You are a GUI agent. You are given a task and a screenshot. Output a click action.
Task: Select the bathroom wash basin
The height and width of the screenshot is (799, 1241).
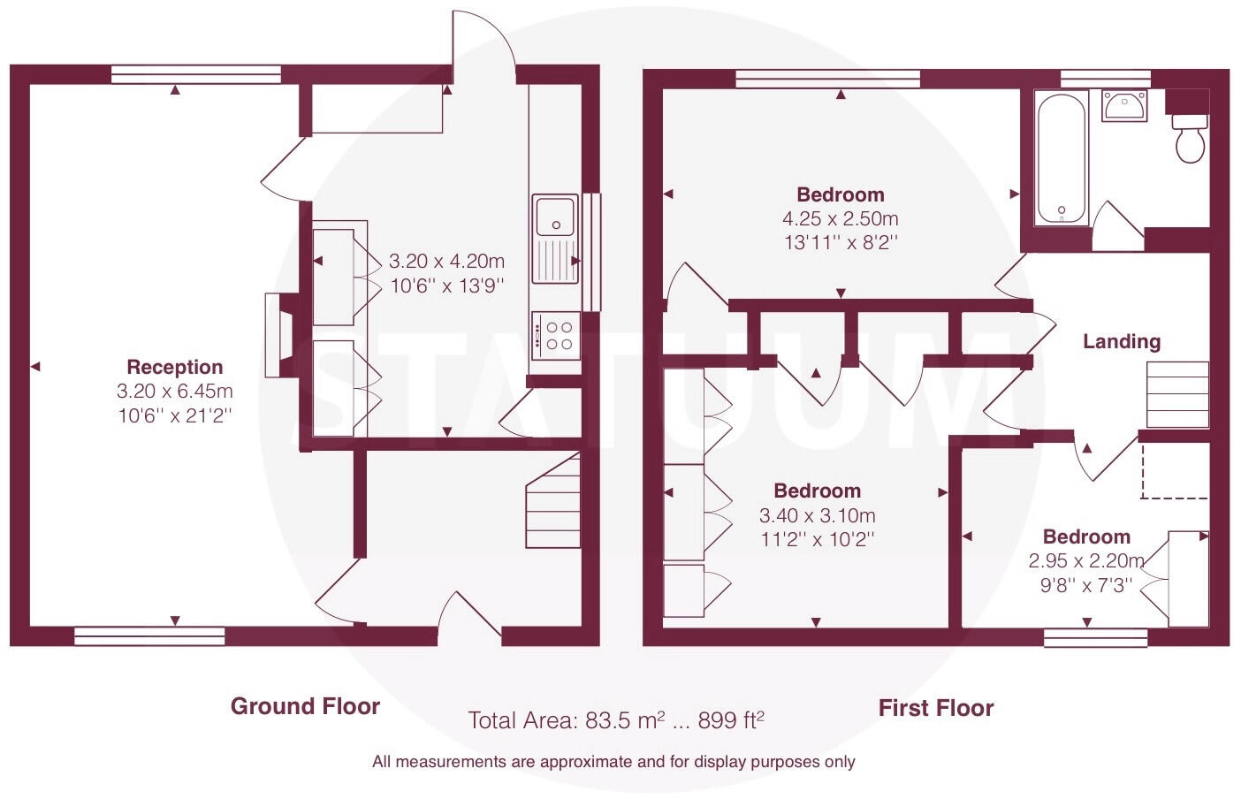[1124, 105]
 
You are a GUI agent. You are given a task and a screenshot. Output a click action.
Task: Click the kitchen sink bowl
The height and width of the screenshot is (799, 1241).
[554, 215]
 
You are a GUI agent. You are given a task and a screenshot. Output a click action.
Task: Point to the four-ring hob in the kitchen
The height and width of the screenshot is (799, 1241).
[555, 336]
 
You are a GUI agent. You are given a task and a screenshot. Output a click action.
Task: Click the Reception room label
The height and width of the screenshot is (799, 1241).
[174, 367]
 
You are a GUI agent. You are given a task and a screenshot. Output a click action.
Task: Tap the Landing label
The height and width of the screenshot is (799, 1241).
[1122, 341]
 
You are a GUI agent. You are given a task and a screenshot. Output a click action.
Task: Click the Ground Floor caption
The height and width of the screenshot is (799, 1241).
[305, 706]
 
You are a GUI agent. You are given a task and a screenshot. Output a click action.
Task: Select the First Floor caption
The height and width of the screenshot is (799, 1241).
[935, 708]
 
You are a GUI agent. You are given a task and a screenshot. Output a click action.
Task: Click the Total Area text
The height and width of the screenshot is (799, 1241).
[615, 720]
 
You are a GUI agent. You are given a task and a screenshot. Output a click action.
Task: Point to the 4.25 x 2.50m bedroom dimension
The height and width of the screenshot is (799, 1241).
[840, 218]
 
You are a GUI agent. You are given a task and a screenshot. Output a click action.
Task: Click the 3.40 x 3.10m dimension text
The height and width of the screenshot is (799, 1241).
[817, 515]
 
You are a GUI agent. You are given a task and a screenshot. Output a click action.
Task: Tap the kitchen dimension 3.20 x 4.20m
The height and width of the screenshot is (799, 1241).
[446, 262]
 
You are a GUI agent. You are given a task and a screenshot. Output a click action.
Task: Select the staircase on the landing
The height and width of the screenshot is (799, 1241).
[1176, 394]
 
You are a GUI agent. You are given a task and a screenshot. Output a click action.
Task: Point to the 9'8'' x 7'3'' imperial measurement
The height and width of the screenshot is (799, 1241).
[1086, 584]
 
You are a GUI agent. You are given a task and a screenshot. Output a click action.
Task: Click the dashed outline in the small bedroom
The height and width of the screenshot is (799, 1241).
[1175, 473]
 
